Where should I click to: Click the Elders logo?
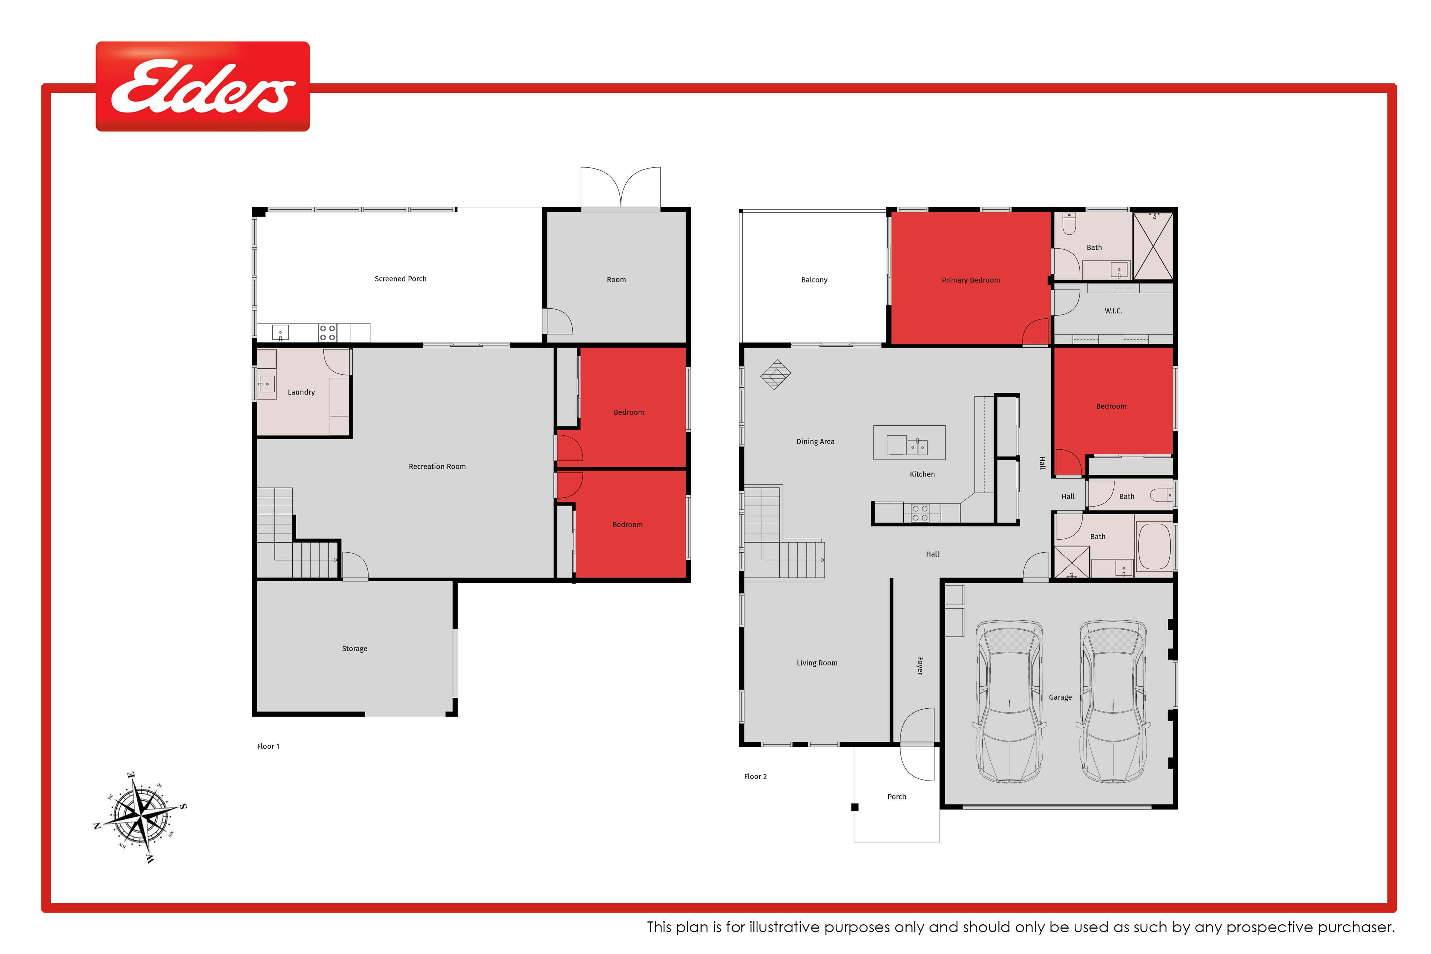[x=202, y=87]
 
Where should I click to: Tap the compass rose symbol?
[x=141, y=817]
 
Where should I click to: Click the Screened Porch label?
[x=400, y=279]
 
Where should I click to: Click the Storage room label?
[x=355, y=649]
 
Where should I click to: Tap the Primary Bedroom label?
[x=971, y=280]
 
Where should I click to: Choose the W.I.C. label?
[x=1113, y=311]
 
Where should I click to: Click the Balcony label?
[x=814, y=280]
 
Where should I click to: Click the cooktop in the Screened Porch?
[x=327, y=332]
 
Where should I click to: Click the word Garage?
[x=1060, y=697]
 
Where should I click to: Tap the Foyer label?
[x=920, y=666]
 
